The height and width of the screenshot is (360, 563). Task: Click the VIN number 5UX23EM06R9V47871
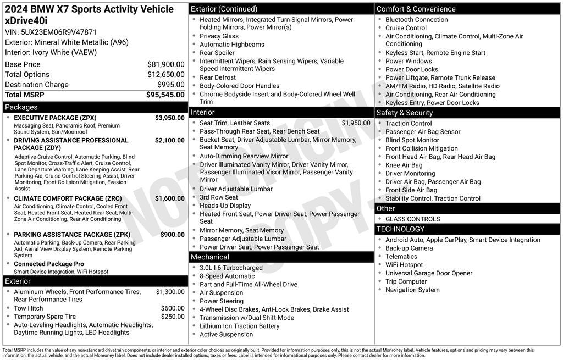[x=58, y=32]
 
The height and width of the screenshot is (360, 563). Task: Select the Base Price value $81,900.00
[x=165, y=64]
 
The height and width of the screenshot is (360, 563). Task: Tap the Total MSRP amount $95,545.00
[x=165, y=95]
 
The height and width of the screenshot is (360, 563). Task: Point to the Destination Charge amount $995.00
[x=170, y=85]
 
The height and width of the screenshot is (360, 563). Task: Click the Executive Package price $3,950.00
[x=169, y=118]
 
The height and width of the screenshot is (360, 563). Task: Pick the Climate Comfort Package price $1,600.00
[x=169, y=198]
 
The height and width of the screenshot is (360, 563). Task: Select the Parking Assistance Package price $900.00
[x=172, y=235]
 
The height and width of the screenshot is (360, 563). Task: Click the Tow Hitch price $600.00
[x=172, y=308]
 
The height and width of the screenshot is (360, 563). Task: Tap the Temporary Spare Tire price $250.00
[x=172, y=317]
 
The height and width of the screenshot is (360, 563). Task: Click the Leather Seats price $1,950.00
[x=356, y=123]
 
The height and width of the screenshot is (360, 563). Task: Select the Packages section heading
[x=21, y=107]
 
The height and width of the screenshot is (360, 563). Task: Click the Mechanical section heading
[x=209, y=257]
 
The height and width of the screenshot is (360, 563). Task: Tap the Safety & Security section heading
[x=404, y=113]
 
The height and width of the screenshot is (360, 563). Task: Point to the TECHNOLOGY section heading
[x=400, y=229]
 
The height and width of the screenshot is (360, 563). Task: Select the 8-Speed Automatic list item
[x=227, y=276]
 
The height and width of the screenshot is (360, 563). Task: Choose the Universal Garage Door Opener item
[x=428, y=273]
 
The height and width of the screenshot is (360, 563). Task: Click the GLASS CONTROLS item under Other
[x=412, y=219]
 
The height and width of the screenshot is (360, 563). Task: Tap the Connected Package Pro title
[x=49, y=264]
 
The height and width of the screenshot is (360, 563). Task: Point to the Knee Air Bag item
[x=404, y=165]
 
